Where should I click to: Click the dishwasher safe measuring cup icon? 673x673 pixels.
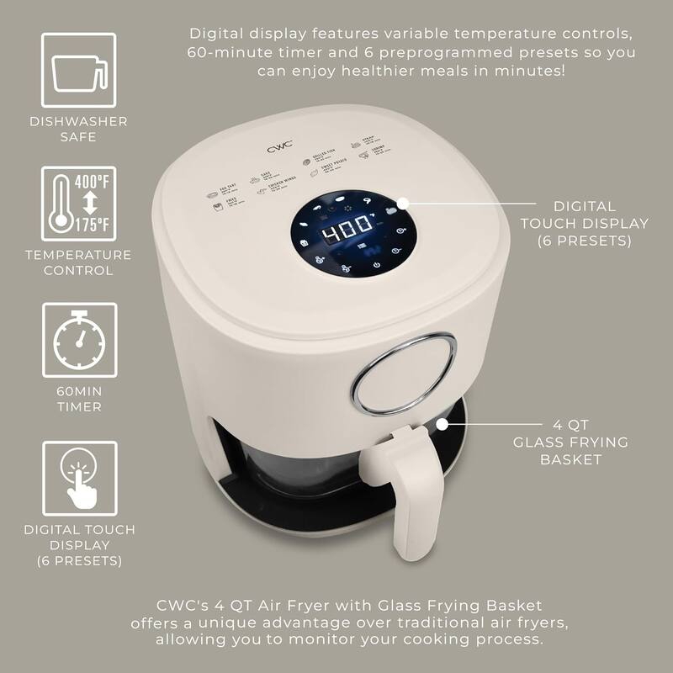click(78, 71)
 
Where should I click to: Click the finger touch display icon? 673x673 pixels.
click(78, 476)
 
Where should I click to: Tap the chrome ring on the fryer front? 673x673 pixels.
click(403, 374)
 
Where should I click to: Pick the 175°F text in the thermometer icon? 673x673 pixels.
click(92, 225)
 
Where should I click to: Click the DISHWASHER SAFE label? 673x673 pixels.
click(78, 129)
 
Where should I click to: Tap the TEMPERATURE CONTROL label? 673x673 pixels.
click(78, 262)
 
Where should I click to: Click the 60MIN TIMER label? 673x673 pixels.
click(78, 399)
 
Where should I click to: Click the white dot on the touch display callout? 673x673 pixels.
click(402, 204)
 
